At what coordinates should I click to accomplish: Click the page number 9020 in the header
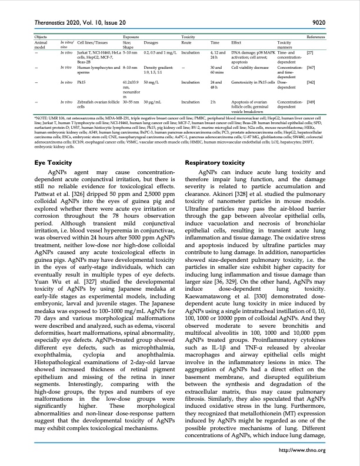click(x=317, y=23)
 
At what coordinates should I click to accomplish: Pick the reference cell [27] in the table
click(x=310, y=52)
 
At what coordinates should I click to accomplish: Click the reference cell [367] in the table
click(x=312, y=68)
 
